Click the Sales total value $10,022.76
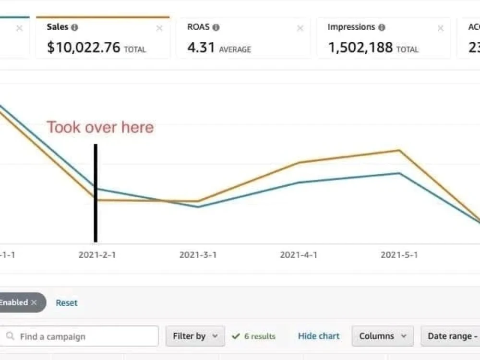tap(83, 48)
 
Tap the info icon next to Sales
tap(74, 27)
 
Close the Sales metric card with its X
tap(159, 28)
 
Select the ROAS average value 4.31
tap(201, 48)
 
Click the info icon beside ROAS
tap(216, 27)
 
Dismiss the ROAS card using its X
tap(300, 28)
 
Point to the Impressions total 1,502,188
tap(360, 48)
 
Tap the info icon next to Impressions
tap(382, 27)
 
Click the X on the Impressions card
tap(441, 28)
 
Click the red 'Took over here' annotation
tap(100, 127)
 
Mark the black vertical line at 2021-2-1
tap(96, 193)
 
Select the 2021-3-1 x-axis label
tap(198, 255)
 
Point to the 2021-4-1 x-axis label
tap(299, 255)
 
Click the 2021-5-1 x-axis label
tap(399, 255)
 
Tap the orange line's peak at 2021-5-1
tap(399, 150)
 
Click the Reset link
tap(66, 303)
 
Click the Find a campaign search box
tap(79, 336)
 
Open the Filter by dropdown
tap(195, 336)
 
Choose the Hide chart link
tap(319, 336)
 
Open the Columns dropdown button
tap(383, 336)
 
